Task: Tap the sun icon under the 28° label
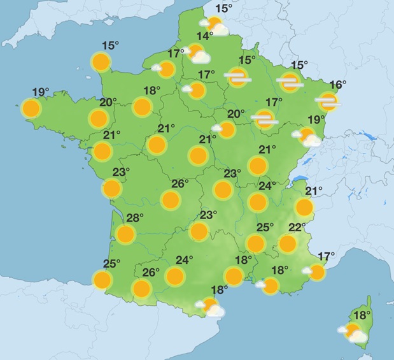click(126, 234)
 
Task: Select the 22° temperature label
click(297, 228)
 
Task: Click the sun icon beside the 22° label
click(288, 243)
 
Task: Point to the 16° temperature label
click(337, 85)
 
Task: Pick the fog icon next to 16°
click(328, 100)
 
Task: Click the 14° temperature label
click(204, 36)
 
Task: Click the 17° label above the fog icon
click(274, 102)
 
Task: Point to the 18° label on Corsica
click(362, 315)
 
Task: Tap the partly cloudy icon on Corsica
click(353, 332)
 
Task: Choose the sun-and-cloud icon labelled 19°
click(308, 136)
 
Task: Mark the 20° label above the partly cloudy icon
click(236, 114)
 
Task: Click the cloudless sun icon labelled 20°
click(98, 118)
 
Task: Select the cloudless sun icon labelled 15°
click(100, 62)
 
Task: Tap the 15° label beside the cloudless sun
click(110, 45)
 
